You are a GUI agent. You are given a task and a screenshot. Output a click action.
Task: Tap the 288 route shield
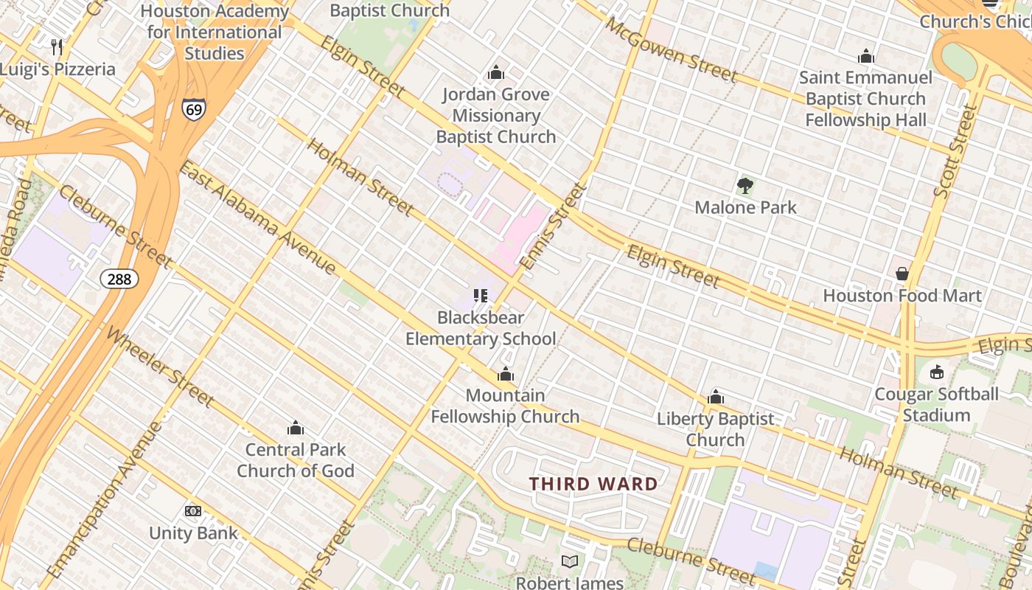tap(119, 278)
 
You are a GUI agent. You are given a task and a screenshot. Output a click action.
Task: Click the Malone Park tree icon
tap(745, 185)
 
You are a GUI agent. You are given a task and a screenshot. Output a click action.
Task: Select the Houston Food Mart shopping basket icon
tap(902, 274)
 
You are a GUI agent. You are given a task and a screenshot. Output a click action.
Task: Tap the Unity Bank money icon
tap(193, 511)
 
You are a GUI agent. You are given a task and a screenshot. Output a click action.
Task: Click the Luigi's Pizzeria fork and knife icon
tap(57, 47)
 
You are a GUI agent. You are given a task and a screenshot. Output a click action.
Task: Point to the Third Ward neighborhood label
tap(593, 485)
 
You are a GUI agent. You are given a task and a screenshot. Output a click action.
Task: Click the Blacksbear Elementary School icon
tap(481, 296)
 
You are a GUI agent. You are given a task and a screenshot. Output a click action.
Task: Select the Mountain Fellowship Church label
tap(505, 406)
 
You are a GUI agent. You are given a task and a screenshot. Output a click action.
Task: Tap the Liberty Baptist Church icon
tap(715, 398)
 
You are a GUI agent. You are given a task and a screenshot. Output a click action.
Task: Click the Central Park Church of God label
tap(296, 460)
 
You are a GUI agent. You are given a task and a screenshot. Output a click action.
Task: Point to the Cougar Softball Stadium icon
tap(936, 372)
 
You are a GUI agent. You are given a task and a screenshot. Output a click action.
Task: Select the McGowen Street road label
tap(671, 49)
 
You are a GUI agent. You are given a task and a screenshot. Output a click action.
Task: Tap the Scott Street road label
tap(954, 152)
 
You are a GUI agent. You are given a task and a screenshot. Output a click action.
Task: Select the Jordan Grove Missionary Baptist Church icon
tap(496, 72)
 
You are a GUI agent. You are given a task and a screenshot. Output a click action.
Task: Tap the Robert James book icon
tap(569, 562)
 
